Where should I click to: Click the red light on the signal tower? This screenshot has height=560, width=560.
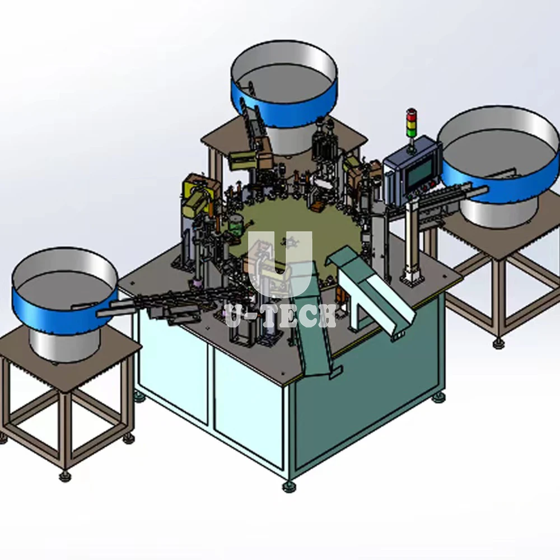point(412,115)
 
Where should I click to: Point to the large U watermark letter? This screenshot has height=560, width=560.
point(280,264)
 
